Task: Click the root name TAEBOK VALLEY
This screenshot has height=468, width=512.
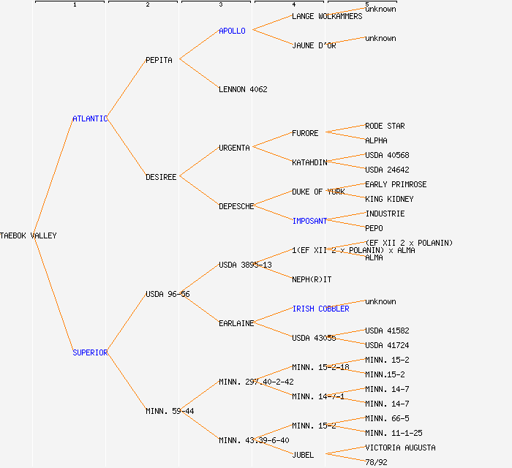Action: pos(29,235)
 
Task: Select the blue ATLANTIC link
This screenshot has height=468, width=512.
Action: pos(90,118)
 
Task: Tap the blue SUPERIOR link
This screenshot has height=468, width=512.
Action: pos(90,352)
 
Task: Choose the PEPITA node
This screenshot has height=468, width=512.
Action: pos(159,60)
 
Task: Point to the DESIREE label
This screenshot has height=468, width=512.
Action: pos(161,177)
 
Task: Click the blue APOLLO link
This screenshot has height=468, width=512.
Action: pos(232,31)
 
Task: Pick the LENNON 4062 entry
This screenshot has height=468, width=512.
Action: pos(243,89)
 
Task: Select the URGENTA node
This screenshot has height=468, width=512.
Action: pos(234,148)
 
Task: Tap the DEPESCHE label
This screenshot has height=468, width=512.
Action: pos(236,206)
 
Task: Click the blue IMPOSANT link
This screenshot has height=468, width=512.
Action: pos(309,221)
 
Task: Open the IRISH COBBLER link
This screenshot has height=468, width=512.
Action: pos(320,309)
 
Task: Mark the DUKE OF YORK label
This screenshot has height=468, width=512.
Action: pos(318,192)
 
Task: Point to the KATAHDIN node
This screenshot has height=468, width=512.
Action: pos(309,162)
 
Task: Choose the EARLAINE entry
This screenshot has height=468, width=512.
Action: pos(236,323)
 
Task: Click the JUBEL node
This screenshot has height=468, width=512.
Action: pos(303,455)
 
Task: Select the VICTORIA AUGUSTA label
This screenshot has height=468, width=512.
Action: pos(400,448)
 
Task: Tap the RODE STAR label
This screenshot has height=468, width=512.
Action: pos(385,126)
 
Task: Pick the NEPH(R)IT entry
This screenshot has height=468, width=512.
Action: pos(312,279)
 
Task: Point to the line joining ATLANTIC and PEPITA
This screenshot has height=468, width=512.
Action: pos(127,89)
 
